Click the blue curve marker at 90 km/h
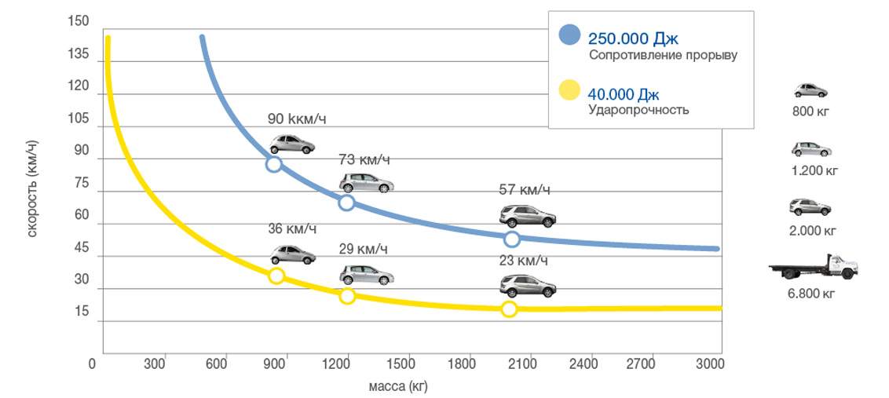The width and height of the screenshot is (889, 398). pyautogui.click(x=273, y=164)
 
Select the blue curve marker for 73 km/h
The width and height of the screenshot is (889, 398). pyautogui.click(x=346, y=203)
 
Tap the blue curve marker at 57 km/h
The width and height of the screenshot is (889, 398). pyautogui.click(x=512, y=239)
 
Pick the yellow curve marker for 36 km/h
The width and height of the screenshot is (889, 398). pyautogui.click(x=276, y=276)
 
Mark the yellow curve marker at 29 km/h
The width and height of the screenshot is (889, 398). pyautogui.click(x=347, y=296)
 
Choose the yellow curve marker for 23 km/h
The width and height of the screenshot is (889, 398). pyautogui.click(x=509, y=309)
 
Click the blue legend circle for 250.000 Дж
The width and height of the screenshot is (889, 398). pyautogui.click(x=569, y=35)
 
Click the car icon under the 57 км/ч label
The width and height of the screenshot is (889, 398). pyautogui.click(x=529, y=216)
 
